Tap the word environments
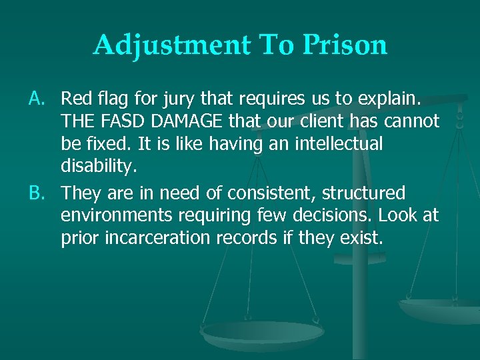[x=111, y=216]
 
